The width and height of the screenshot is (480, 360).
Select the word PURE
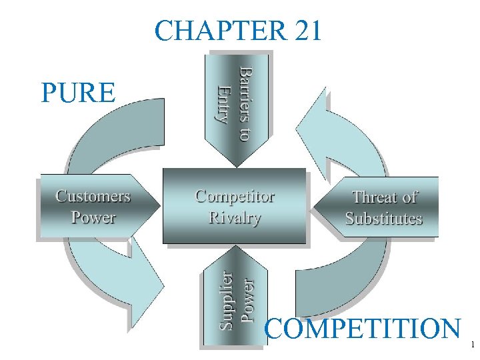point(77,93)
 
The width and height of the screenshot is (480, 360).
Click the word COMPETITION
point(363,329)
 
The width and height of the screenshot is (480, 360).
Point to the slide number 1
point(472,345)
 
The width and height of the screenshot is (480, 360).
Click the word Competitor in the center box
point(235,197)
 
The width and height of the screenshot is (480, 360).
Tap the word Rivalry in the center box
point(235,217)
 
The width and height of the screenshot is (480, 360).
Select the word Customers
point(93,196)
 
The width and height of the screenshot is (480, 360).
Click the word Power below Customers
point(93,217)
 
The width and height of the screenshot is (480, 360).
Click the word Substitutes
point(383,219)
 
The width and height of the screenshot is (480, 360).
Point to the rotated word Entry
point(223,103)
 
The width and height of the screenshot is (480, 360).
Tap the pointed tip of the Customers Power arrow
point(159,207)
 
